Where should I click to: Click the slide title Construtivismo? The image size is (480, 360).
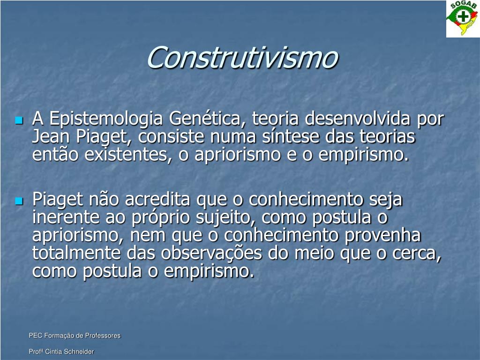pos(241,57)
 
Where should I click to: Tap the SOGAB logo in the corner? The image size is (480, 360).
pos(462,19)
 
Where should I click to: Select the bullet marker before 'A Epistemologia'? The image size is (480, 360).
pos(19,120)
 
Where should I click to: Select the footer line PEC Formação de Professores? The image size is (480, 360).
pos(75,336)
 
